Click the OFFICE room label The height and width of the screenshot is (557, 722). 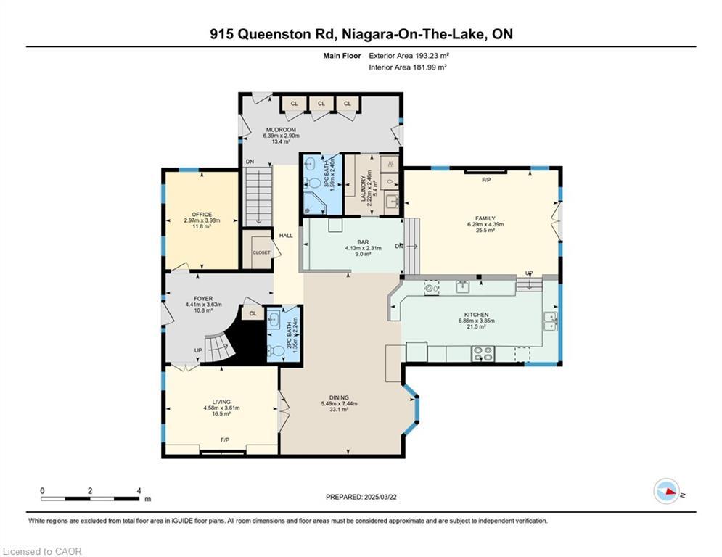point(201,215)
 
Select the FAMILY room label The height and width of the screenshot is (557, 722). point(485,218)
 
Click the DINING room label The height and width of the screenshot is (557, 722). point(339,397)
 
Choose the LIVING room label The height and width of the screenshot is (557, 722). point(221,402)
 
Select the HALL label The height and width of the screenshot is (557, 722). point(286,236)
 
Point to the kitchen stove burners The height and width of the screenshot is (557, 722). point(483,354)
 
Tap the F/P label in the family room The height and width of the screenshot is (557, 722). point(486,178)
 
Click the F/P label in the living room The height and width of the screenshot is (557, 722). point(225,440)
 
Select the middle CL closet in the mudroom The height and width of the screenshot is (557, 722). point(321,104)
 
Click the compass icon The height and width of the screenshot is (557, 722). point(665,491)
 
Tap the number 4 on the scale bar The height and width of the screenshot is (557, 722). point(138,490)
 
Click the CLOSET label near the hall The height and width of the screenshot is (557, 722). point(261,252)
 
